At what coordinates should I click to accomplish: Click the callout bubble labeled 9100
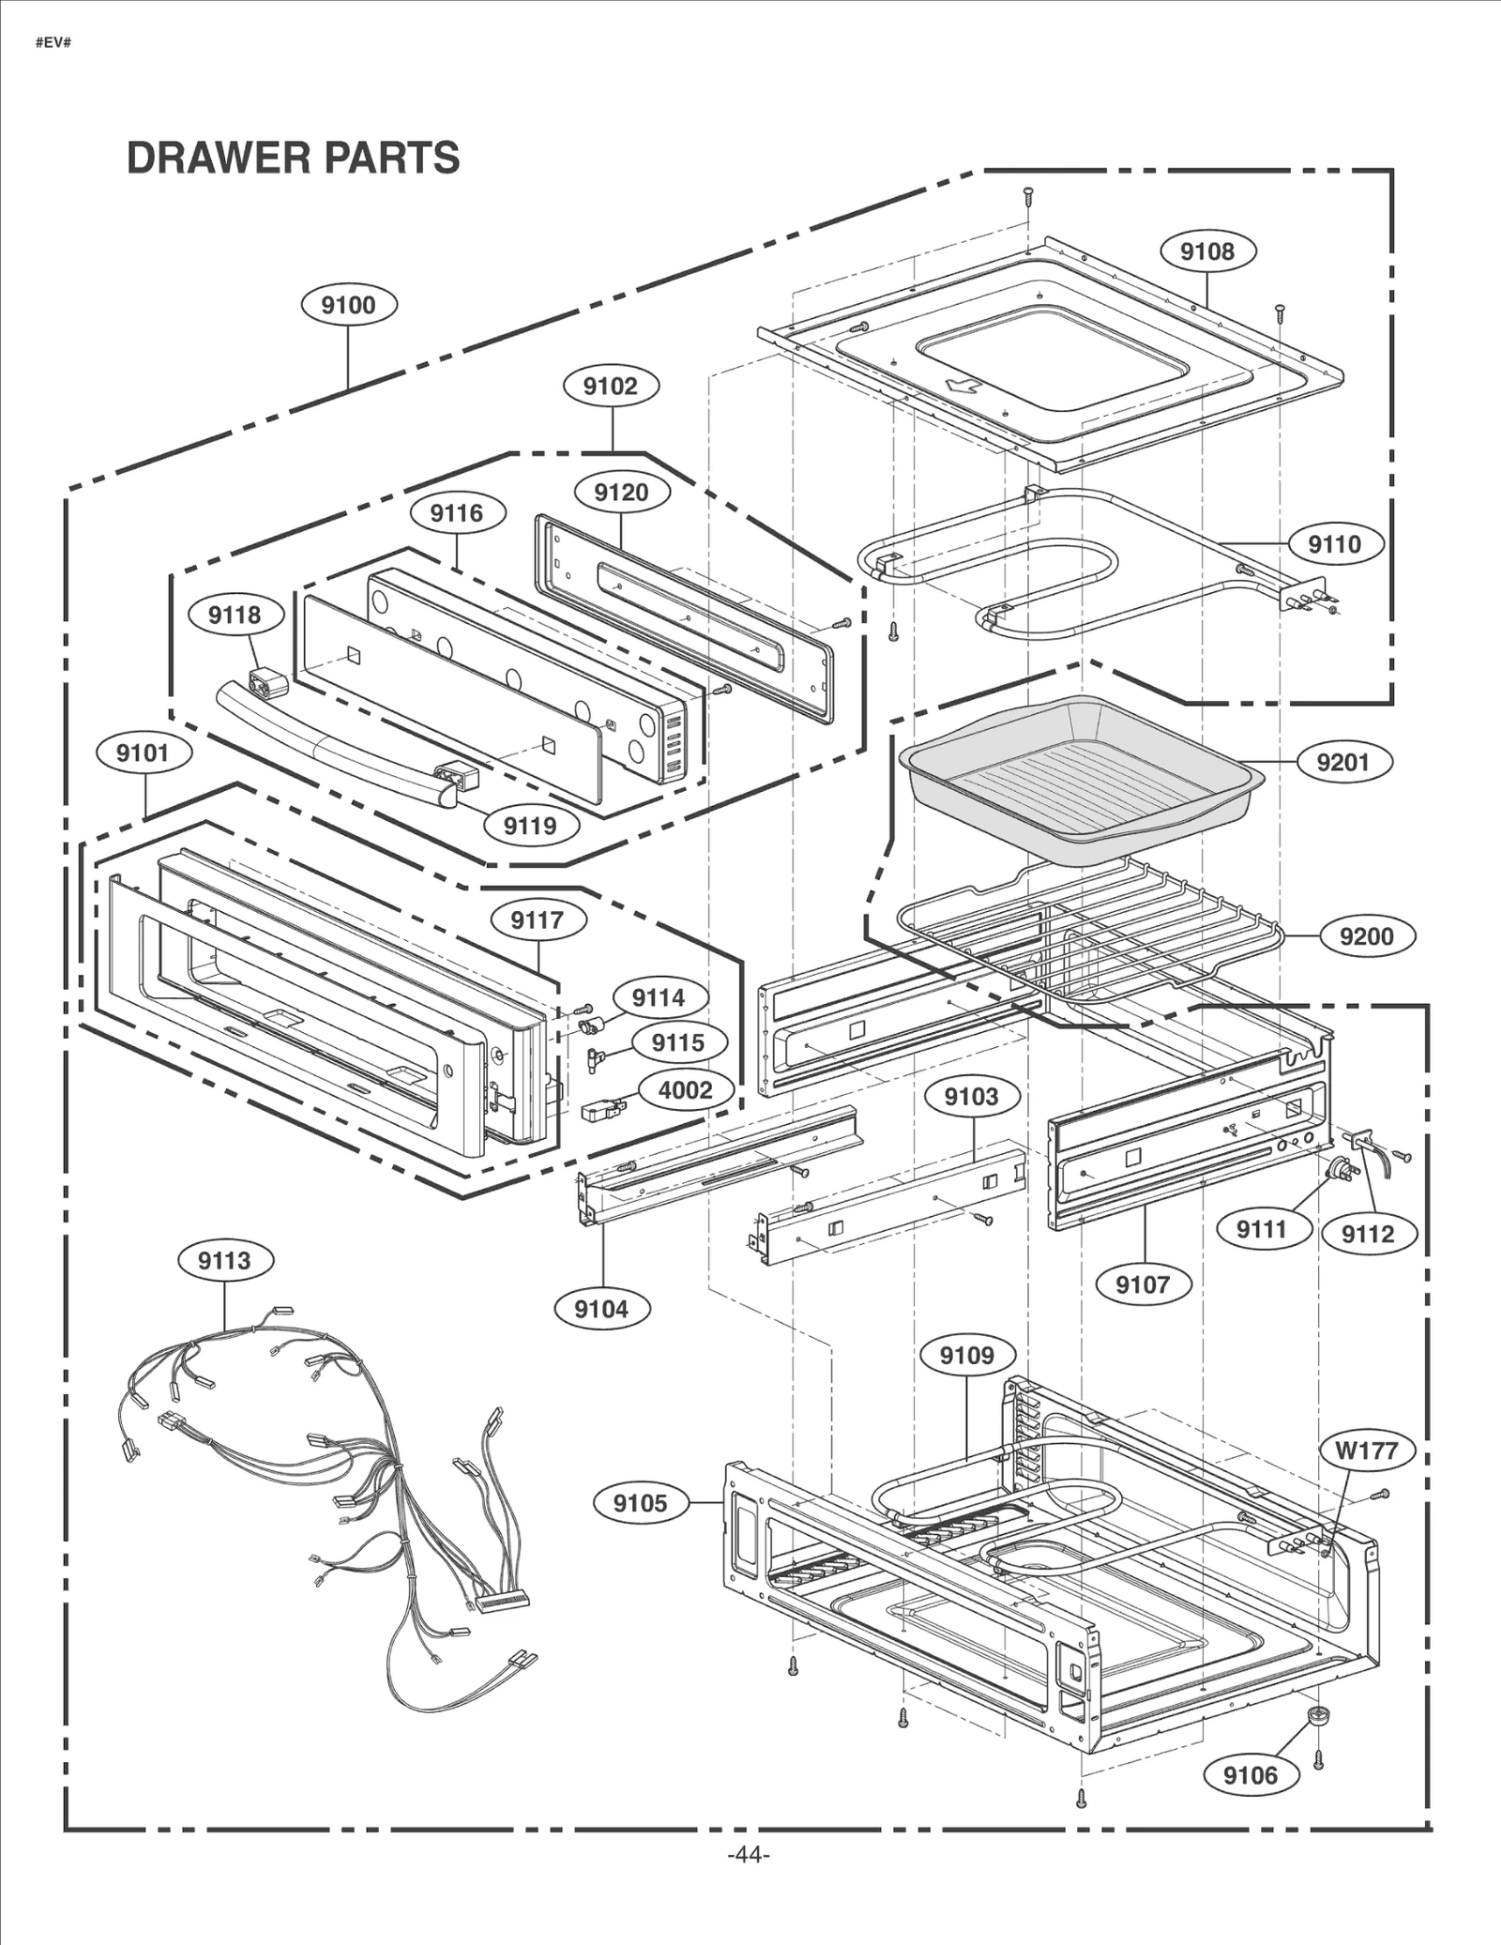[348, 305]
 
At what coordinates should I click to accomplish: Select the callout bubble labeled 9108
[1207, 251]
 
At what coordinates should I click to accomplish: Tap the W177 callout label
[1366, 1451]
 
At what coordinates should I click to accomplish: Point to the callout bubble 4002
[685, 1090]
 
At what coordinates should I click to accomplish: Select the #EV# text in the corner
[53, 44]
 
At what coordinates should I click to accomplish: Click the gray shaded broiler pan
[1079, 774]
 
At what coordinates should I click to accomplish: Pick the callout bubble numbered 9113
[225, 1261]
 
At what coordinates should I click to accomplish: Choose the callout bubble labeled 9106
[1251, 1775]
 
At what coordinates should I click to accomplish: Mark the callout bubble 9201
[1343, 762]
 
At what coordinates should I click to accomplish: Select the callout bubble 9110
[1334, 544]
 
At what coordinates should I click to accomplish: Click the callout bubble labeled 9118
[235, 615]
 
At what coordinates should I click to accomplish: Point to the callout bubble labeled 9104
[601, 1309]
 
